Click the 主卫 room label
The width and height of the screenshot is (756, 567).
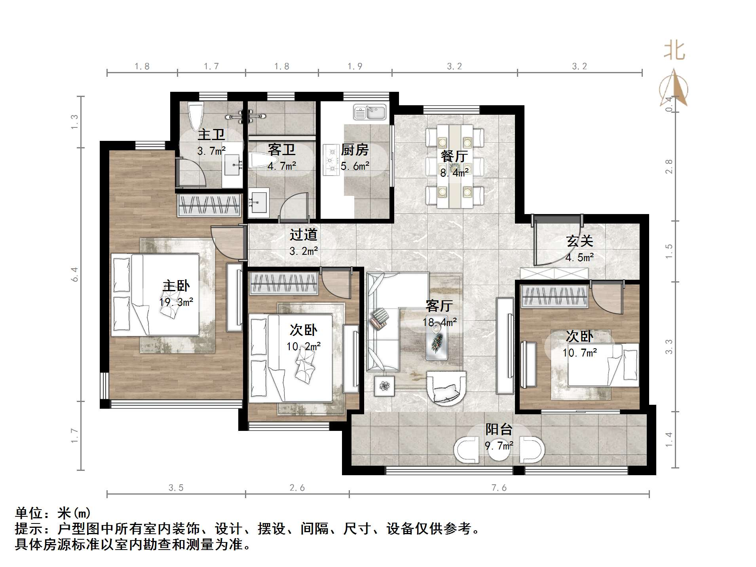coord(211,135)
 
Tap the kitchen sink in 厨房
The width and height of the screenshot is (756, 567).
coord(369,112)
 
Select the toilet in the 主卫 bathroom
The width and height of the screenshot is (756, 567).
coord(196,116)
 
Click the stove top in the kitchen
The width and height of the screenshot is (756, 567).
coord(330,160)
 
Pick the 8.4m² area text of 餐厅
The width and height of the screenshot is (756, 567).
coord(454,173)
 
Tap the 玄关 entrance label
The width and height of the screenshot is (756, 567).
coord(579,241)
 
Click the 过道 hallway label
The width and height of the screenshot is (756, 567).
coord(303,235)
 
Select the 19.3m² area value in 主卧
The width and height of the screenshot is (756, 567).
coord(176,302)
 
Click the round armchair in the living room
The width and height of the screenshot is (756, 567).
coord(446,388)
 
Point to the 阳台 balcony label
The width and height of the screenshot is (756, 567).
coord(499,429)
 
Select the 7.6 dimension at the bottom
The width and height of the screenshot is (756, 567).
coord(499,488)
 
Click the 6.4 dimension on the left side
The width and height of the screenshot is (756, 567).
coord(75,274)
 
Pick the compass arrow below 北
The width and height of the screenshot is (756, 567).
coord(674,89)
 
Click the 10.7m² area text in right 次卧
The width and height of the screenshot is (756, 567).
coord(579,353)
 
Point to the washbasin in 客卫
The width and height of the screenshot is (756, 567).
coord(258,202)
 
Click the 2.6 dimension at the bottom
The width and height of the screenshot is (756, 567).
coord(297,488)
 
